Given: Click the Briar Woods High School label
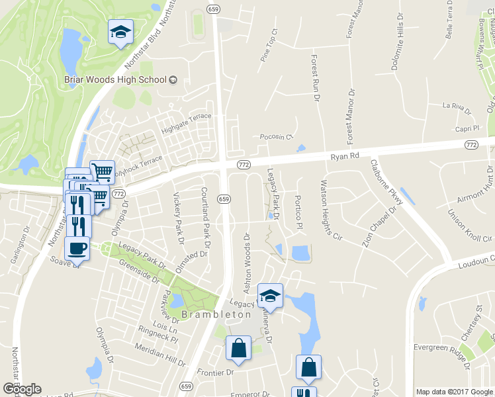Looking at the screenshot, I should [x=114, y=80].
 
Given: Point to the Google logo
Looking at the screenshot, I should [x=21, y=389].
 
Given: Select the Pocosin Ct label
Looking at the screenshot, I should [x=276, y=137].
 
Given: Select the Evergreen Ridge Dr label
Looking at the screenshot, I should [x=440, y=347].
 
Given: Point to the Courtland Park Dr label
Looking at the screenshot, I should [x=204, y=216].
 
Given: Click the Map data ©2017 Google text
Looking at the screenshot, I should [x=454, y=392].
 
